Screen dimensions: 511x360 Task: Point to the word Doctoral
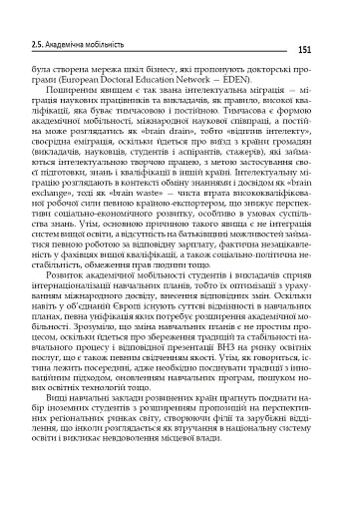149,84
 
